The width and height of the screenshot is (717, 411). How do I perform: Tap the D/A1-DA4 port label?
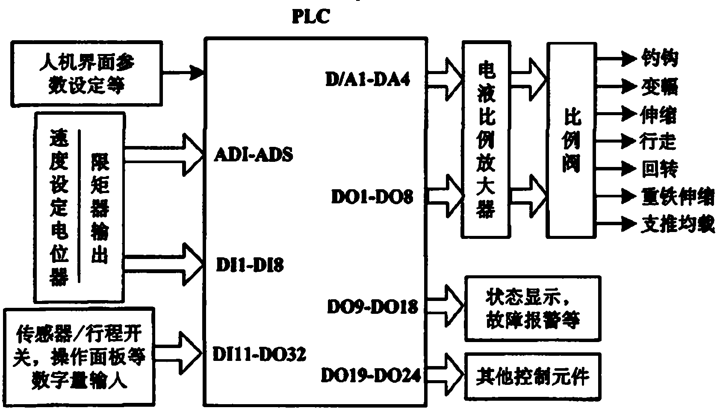point(368,80)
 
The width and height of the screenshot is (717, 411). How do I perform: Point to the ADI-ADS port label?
point(254,155)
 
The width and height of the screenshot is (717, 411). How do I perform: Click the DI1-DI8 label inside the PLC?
point(250,266)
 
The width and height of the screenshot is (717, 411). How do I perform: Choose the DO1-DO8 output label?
point(372,197)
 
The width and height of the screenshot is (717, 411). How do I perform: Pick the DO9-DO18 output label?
point(372,307)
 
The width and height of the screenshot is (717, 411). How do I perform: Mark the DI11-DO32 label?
point(259,354)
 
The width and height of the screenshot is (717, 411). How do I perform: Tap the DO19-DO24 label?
point(371,376)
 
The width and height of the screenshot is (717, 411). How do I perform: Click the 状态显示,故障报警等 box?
point(533,308)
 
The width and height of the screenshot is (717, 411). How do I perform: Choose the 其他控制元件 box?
point(533,376)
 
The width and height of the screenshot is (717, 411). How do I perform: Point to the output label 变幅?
point(659,87)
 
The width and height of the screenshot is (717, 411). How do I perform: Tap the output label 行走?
point(658,141)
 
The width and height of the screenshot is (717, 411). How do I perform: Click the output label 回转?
point(659,169)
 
